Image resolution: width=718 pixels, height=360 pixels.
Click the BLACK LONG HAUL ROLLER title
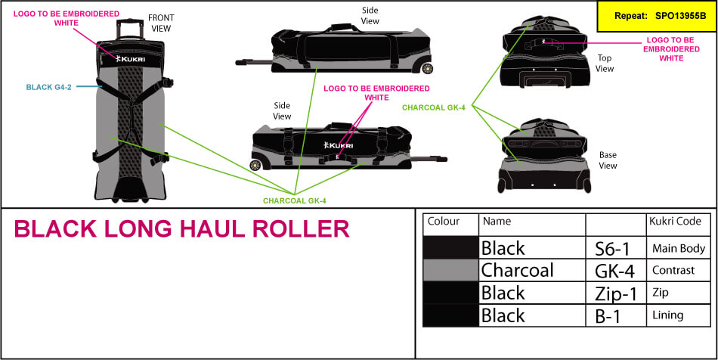click(181, 228)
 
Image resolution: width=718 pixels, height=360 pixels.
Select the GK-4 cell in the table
click(614, 270)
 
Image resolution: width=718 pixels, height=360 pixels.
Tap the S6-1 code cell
click(614, 248)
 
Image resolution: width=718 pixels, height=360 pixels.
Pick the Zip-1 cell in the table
click(615, 293)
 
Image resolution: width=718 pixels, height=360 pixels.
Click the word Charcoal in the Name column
click(517, 270)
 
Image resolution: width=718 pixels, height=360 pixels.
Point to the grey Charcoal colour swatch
click(450, 270)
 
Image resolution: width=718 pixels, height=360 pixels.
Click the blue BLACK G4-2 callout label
click(50, 87)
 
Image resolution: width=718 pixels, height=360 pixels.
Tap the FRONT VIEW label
click(160, 23)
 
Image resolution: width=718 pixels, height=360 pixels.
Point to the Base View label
click(608, 160)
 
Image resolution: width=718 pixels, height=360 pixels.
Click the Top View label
click(605, 63)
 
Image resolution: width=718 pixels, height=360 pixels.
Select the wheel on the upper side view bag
click(429, 69)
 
